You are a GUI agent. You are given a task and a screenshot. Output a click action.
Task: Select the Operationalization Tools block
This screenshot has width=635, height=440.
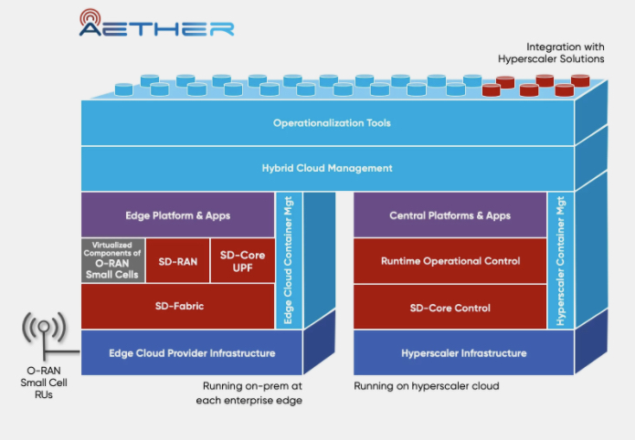pyautogui.click(x=326, y=122)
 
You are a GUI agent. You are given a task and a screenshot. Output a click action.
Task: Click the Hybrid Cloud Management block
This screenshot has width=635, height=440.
pyautogui.click(x=326, y=168)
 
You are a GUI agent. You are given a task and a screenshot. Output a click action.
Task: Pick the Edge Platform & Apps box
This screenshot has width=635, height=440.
pyautogui.click(x=177, y=215)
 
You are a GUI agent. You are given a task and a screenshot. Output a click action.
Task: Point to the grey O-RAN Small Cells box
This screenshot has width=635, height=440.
pyautogui.click(x=112, y=261)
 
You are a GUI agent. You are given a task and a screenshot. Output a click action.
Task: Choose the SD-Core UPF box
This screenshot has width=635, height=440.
pyautogui.click(x=242, y=261)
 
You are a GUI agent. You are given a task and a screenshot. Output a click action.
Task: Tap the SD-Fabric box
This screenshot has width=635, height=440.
pyautogui.click(x=177, y=307)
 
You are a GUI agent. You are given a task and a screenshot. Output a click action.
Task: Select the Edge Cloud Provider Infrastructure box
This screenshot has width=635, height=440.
pyautogui.click(x=191, y=352)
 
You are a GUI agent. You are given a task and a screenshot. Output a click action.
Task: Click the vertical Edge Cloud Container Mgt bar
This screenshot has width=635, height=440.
pyautogui.click(x=288, y=261)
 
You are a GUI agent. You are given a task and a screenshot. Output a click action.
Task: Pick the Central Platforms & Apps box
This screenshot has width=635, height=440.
pyautogui.click(x=450, y=215)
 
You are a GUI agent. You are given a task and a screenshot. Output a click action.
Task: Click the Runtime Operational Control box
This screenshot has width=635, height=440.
pyautogui.click(x=450, y=261)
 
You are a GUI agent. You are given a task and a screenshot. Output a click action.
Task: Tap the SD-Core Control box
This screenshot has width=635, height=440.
pyautogui.click(x=450, y=307)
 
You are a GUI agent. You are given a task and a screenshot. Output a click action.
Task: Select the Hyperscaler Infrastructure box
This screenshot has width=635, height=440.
pyautogui.click(x=463, y=352)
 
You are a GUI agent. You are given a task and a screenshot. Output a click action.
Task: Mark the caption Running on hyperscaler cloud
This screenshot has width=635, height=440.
pyautogui.click(x=427, y=386)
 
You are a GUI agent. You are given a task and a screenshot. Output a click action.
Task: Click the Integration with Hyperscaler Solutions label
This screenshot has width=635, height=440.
pyautogui.click(x=551, y=52)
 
